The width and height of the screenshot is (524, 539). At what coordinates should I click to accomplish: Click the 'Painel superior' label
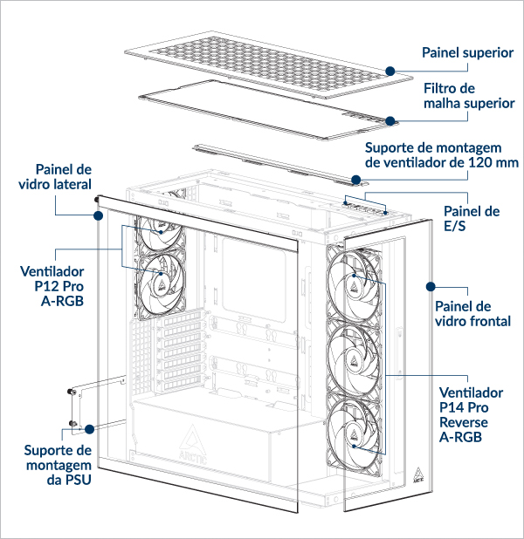[467, 53]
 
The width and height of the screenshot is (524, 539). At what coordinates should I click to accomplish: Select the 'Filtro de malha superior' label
[469, 96]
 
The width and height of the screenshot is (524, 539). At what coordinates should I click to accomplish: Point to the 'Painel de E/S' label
[472, 218]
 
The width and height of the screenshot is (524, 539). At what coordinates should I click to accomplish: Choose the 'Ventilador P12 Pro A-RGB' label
[58, 278]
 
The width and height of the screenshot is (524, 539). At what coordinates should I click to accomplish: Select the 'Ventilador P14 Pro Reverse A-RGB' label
[471, 414]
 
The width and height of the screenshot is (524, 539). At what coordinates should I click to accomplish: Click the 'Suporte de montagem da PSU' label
[58, 465]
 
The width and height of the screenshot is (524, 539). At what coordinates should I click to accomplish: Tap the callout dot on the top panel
[390, 70]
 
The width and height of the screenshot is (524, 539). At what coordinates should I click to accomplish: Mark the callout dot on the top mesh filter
[390, 120]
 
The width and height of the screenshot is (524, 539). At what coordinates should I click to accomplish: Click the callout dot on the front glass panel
[431, 285]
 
